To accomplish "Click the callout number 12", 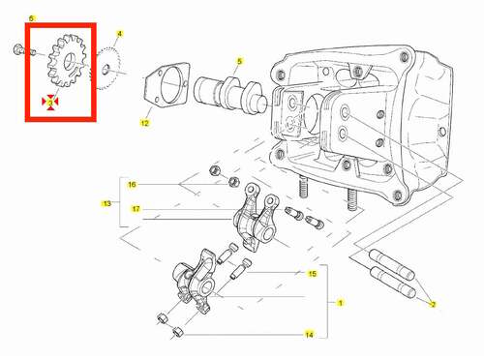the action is pos(145,123).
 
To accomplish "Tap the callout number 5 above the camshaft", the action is pos(239,61).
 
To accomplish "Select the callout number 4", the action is pos(119,34).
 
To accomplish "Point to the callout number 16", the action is pos(132,185).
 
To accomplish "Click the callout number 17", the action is pos(136,209).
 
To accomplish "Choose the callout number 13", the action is pos(106,203).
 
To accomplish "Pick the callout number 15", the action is pos(312,274).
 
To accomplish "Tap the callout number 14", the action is pos(309,335).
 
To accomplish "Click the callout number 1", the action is pos(340,303).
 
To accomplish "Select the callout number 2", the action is pos(434,304).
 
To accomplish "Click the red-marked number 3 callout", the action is pos(50,103).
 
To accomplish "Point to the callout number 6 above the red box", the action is pos(31,18).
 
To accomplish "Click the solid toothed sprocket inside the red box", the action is pos(67,61).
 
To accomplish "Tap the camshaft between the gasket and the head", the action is pos(230,94).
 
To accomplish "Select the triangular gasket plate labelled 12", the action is pos(166,84).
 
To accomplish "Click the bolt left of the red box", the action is pos(17,49).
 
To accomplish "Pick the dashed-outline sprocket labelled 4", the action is pos(106,69).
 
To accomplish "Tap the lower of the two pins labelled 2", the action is pos(394,283).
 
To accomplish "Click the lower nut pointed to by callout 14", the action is pos(177,332).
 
